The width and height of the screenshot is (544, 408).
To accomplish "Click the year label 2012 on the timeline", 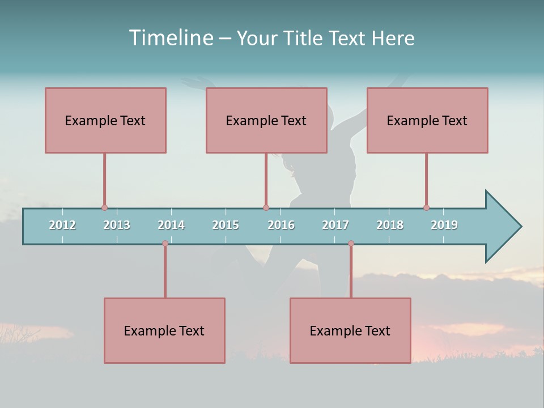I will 62,225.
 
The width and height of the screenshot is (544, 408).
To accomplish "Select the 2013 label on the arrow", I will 117,225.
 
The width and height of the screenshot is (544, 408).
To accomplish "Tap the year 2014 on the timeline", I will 171,225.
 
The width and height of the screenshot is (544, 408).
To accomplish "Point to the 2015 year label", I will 226,225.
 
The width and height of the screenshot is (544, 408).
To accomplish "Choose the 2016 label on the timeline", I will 281,225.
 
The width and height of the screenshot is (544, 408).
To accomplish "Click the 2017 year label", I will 335,225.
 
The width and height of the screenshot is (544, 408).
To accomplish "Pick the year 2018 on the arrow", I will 390,225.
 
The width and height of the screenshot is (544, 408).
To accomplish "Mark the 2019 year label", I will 444,225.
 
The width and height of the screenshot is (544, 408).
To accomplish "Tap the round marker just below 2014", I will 165,244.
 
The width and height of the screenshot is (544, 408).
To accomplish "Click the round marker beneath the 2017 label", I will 351,244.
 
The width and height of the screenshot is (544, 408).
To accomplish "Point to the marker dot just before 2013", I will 104,208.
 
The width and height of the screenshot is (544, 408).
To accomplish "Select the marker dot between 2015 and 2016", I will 266,208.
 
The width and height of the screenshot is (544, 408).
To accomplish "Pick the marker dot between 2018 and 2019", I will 426,208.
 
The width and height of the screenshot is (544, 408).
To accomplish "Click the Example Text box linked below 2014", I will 164,330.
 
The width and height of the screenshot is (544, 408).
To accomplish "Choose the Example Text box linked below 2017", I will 350,330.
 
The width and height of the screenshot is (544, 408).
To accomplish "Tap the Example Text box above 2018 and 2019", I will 427,120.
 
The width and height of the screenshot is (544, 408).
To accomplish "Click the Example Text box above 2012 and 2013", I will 105,120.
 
